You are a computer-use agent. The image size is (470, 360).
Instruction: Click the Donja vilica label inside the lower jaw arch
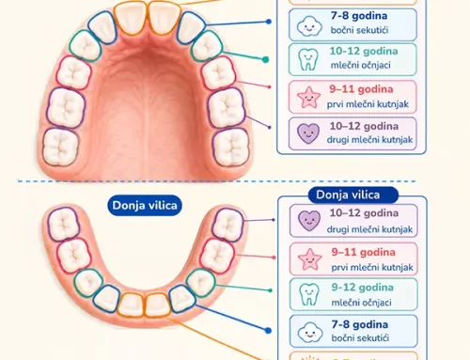(145, 206)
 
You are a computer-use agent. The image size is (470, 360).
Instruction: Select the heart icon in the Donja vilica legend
(309, 221)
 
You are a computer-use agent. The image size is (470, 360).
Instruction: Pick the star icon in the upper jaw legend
(308, 97)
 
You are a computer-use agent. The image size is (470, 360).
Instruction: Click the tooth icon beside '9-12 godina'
(308, 294)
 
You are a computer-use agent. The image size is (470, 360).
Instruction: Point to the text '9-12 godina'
(363, 288)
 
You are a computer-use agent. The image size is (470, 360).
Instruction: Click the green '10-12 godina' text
(364, 51)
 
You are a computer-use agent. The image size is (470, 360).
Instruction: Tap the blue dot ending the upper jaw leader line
(269, 22)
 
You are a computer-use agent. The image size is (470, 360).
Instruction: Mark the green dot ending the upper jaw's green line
(265, 59)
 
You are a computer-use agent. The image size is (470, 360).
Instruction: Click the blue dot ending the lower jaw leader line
(268, 330)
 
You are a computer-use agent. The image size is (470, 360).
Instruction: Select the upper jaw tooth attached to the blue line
(191, 28)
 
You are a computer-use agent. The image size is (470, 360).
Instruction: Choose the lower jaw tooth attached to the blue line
(182, 299)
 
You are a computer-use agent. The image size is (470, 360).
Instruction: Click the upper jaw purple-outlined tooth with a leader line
(226, 107)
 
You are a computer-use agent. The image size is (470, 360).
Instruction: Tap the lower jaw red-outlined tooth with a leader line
(217, 256)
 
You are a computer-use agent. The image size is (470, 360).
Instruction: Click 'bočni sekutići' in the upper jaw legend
(359, 30)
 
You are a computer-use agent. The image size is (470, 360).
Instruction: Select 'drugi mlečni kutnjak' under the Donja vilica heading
(369, 229)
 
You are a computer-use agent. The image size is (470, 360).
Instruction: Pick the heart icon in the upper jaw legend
(308, 133)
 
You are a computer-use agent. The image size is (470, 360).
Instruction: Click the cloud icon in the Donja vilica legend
(310, 332)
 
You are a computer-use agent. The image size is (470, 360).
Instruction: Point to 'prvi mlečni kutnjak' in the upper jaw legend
(368, 104)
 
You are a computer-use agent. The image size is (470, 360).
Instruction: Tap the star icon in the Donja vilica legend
(310, 259)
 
